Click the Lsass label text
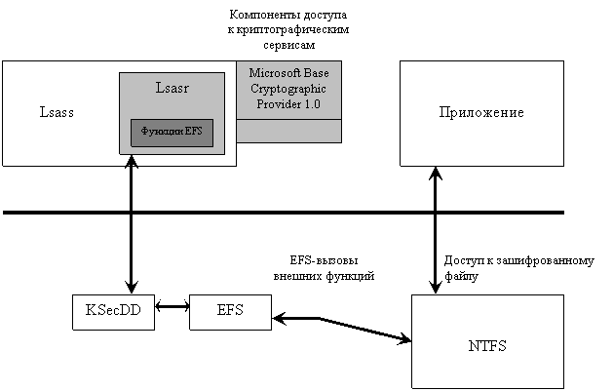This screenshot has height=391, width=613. coord(57,112)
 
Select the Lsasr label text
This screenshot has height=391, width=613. coord(172,88)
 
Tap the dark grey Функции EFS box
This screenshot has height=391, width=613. coord(172,132)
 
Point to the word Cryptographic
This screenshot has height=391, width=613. coord(288,88)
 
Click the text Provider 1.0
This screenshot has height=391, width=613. coord(288,103)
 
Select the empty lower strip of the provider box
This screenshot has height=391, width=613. coord(288,131)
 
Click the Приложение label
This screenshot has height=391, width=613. coord(481,112)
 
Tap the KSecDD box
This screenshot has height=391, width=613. coord(113,312)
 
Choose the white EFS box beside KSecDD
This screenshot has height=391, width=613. coord(230,312)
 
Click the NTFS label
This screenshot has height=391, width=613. coord(487,346)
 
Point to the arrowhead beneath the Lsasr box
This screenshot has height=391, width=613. coord(132,161)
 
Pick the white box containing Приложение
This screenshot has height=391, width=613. coord(481,137)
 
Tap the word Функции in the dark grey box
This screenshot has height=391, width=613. coord(162,132)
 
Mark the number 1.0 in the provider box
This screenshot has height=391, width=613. coord(311,103)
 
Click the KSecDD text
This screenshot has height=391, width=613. coord(113,312)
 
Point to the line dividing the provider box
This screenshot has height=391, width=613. coord(288,119)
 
